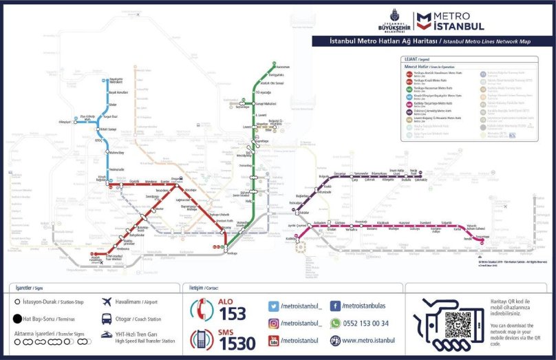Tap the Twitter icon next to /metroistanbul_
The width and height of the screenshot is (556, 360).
pos(273,306)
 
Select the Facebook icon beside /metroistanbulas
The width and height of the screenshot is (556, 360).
pos(335,306)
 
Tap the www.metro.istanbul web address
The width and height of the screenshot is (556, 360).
pos(368,340)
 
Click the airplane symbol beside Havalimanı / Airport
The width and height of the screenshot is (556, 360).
pos(107,302)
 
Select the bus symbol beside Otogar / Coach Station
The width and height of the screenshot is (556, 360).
pos(107,319)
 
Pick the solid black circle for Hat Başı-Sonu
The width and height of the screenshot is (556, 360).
pos(17,319)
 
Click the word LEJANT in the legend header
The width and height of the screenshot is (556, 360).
pos(411,59)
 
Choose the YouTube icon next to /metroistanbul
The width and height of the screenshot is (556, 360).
pos(273,340)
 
